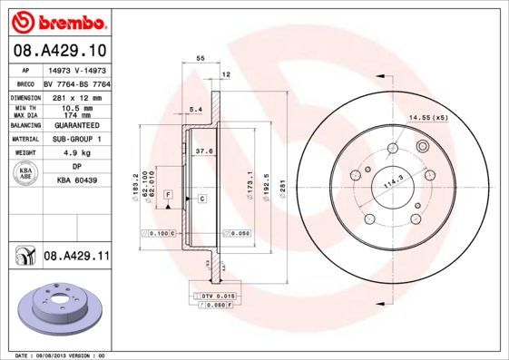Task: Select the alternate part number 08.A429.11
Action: tap(76, 257)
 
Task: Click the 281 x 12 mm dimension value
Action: tap(76, 95)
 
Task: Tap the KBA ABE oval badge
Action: tap(27, 173)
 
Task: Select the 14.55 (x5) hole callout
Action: tap(428, 119)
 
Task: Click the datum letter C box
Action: tap(201, 198)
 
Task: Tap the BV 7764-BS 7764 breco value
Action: tap(76, 83)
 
